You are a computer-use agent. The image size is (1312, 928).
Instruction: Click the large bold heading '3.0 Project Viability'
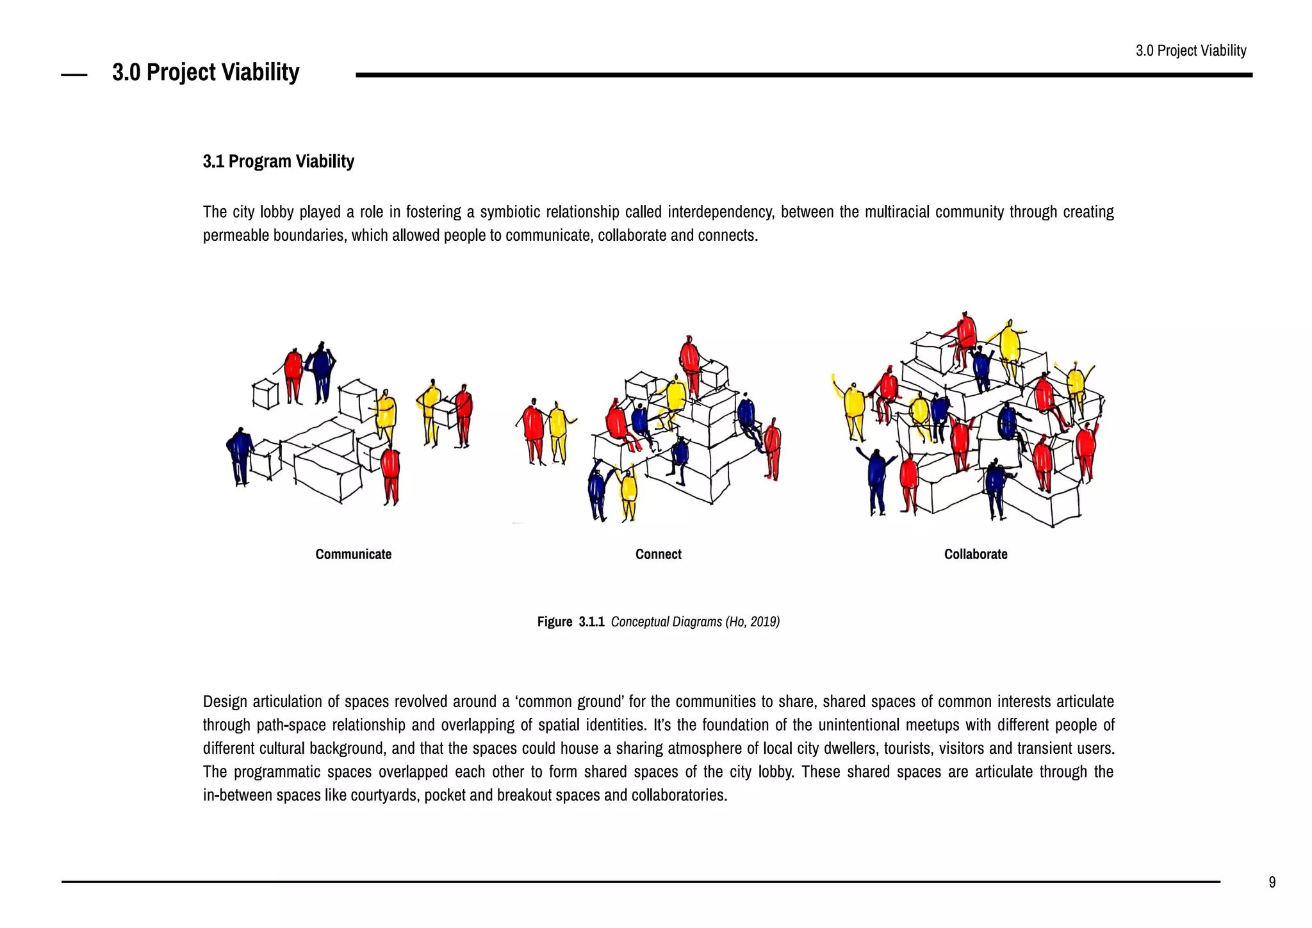[206, 72]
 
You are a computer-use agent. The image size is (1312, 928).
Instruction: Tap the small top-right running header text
[1190, 51]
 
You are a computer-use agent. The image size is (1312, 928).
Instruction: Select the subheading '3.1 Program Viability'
[278, 161]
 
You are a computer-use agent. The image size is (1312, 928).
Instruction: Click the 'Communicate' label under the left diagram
[353, 554]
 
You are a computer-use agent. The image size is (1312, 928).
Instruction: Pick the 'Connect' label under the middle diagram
[658, 554]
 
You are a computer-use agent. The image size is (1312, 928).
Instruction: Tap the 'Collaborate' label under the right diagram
[975, 554]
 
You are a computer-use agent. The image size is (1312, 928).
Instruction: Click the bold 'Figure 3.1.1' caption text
[570, 622]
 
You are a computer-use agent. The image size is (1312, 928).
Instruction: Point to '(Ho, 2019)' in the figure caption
[752, 622]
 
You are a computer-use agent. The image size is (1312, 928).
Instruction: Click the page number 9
[1272, 883]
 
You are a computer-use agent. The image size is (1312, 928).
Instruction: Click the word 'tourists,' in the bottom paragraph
[908, 749]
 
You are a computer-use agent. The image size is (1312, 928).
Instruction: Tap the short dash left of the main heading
[74, 76]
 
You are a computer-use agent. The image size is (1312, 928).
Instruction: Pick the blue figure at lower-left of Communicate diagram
[240, 455]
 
